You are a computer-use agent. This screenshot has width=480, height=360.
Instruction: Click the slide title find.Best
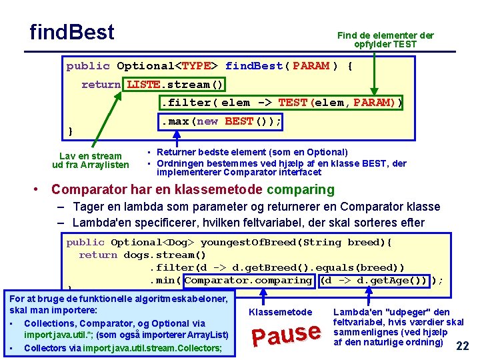tap(72, 32)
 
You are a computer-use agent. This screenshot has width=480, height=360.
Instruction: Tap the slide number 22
tap(462, 346)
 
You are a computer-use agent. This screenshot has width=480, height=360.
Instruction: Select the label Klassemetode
tap(280, 312)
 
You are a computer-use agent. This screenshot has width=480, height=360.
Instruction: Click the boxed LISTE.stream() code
tap(175, 85)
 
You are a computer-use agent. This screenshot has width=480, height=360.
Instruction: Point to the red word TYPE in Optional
tap(196, 66)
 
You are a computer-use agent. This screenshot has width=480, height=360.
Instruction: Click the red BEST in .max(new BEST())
tap(239, 121)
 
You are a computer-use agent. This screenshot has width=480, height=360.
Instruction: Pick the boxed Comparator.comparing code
tap(248, 281)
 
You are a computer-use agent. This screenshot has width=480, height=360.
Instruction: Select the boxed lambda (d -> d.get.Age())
tap(374, 281)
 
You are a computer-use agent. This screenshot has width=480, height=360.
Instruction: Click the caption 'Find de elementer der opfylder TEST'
tap(385, 40)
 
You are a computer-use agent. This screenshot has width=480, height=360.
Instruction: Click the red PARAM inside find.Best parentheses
tap(311, 66)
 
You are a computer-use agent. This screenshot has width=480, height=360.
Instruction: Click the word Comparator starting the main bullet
tap(87, 190)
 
